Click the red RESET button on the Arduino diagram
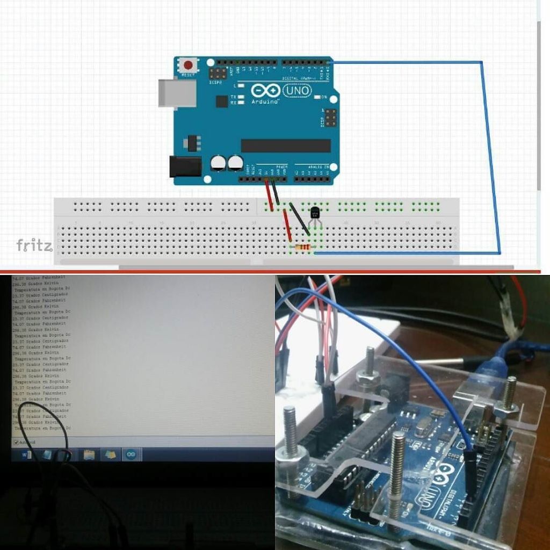188,66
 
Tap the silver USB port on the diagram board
177,93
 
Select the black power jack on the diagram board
185,167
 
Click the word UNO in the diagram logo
296,91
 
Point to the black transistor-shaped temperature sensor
315,214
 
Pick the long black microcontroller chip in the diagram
285,146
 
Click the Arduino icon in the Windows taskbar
131,455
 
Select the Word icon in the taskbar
26,455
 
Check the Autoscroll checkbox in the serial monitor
16,442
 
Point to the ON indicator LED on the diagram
316,97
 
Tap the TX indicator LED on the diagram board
241,97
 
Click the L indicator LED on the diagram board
241,86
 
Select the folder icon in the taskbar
89,455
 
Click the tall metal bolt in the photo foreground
397,473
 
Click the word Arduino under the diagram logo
265,102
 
